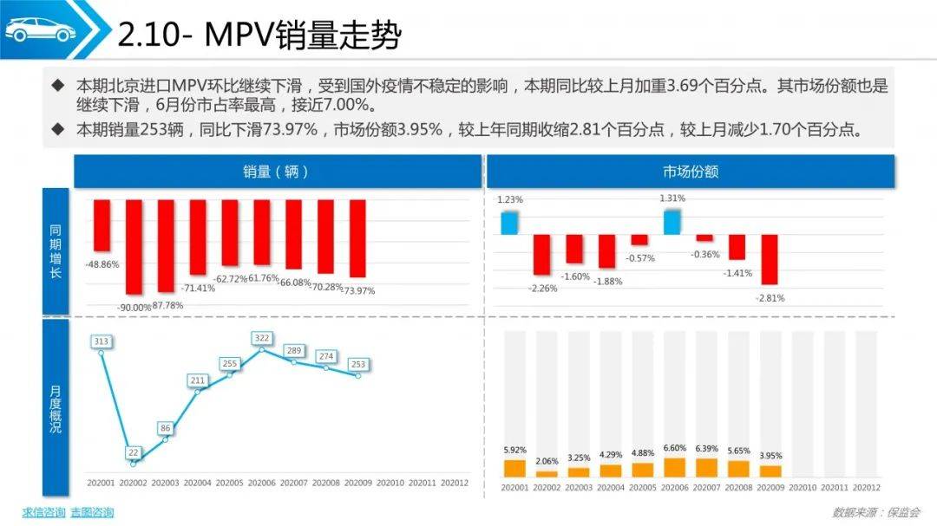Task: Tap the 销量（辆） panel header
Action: coord(277,172)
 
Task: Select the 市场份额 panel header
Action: coord(690,172)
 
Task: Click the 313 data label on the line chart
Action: coord(102,341)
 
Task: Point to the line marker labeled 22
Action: coord(134,464)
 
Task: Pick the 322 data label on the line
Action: coord(262,337)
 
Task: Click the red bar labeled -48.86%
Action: coord(102,225)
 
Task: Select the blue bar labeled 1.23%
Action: coord(509,222)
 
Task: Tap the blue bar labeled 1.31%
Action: coord(672,222)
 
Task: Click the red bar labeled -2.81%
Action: coord(770,260)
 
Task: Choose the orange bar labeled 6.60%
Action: coord(672,468)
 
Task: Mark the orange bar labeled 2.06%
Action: coord(547,474)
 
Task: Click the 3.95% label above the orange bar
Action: coord(770,456)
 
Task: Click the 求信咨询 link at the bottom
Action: coord(43,512)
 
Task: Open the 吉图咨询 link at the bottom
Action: coord(92,512)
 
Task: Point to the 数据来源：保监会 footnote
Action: coord(875,512)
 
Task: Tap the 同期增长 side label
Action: coord(56,250)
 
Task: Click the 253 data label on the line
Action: coord(358,364)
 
